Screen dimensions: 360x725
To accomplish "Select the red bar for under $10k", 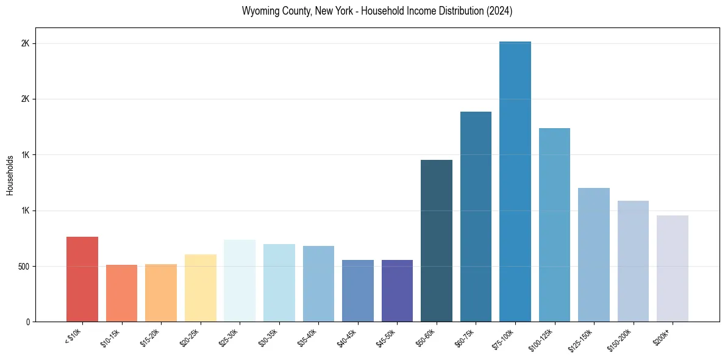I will (x=82, y=279).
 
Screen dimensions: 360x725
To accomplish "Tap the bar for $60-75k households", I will (x=476, y=217).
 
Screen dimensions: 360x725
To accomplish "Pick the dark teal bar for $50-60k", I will (x=437, y=240).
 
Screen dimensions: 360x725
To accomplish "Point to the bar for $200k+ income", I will (x=673, y=268).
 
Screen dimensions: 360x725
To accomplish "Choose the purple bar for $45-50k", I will (x=397, y=290).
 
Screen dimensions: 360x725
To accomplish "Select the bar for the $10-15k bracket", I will (x=122, y=293).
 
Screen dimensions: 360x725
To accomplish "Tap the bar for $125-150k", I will (x=594, y=254).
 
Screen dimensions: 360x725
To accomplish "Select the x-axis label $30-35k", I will (x=267, y=338).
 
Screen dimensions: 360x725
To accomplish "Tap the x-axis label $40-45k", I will (x=346, y=338).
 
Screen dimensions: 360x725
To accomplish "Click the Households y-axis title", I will (x=10, y=175).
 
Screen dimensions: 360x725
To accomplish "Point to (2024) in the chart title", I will (x=499, y=12).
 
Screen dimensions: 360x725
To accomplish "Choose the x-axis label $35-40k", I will (x=306, y=338).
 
